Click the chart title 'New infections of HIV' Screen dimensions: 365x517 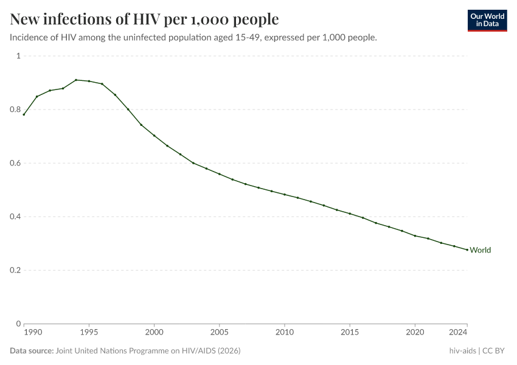pyautogui.click(x=144, y=19)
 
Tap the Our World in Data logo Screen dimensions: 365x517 pyautogui.click(x=487, y=20)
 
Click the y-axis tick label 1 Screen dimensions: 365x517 pyautogui.click(x=18, y=56)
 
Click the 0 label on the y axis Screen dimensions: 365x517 pyautogui.click(x=18, y=324)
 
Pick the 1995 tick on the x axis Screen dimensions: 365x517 pyautogui.click(x=89, y=333)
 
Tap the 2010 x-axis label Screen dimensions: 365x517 pyautogui.click(x=284, y=333)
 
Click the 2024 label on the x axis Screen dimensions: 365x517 pyautogui.click(x=457, y=333)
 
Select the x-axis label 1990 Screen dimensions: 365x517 pyautogui.click(x=33, y=333)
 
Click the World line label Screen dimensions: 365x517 pyautogui.click(x=480, y=250)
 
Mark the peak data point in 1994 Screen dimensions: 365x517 pyautogui.click(x=76, y=80)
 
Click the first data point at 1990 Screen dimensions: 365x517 pyautogui.click(x=24, y=114)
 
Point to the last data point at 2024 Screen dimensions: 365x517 pyautogui.click(x=467, y=249)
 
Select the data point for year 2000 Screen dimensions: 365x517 pyautogui.click(x=154, y=136)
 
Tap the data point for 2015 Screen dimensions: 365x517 pyautogui.click(x=350, y=214)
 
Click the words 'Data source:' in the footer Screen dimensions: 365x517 pyautogui.click(x=31, y=351)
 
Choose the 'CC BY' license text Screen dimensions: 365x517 pyautogui.click(x=495, y=351)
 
